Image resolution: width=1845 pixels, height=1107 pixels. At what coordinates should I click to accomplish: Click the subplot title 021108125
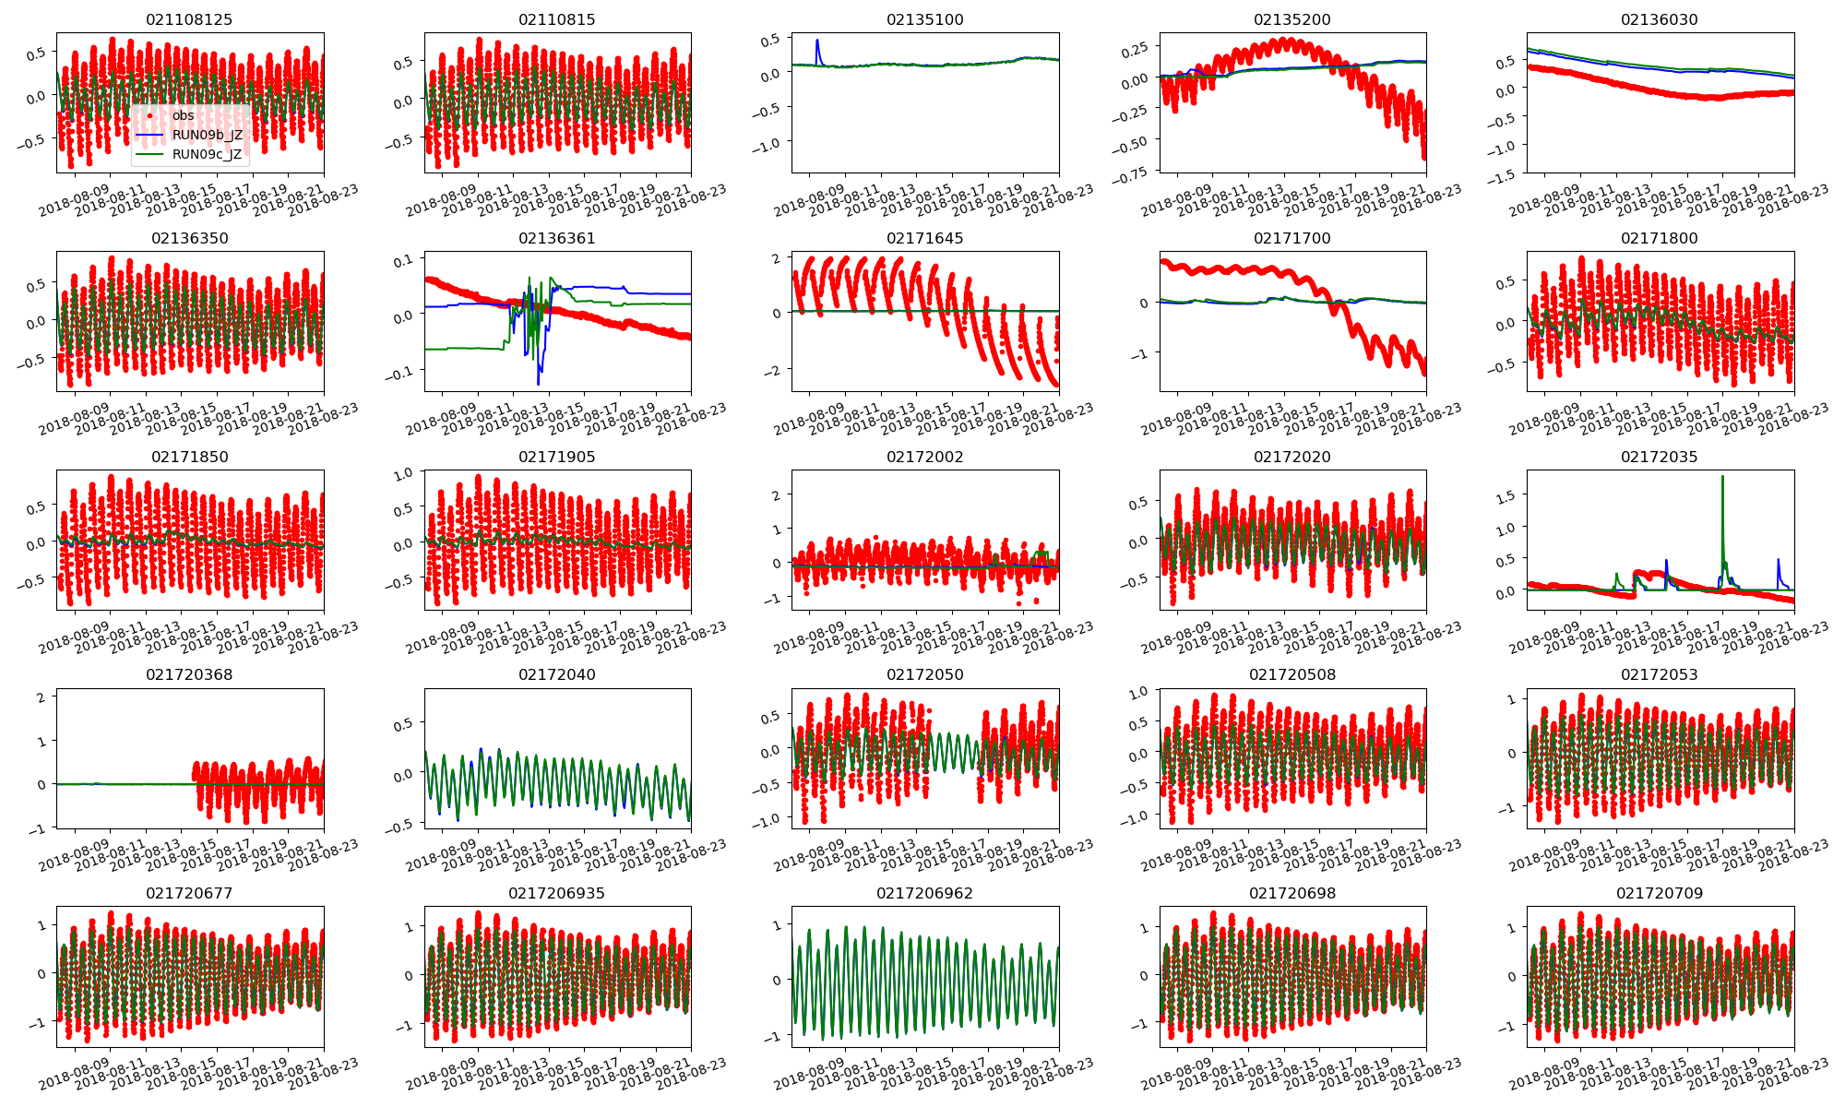(189, 19)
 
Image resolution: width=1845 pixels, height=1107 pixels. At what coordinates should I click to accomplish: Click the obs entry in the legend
(183, 115)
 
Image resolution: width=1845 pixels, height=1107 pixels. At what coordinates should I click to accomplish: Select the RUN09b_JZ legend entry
(207, 135)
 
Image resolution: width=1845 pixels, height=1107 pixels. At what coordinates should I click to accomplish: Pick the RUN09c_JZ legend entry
(207, 154)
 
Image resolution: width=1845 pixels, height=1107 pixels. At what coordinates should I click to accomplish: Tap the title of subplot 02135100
(924, 19)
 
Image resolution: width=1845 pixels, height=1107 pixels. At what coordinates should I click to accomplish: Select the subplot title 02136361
(556, 238)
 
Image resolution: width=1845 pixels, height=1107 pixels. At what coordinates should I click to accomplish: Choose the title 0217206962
(924, 893)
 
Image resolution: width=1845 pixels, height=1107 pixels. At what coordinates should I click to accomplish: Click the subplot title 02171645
(924, 238)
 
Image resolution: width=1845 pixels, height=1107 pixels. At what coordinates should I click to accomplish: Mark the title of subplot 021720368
(189, 674)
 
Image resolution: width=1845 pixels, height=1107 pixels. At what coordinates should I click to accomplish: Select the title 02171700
(1291, 238)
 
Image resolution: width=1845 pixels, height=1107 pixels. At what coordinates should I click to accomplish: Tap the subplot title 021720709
(1660, 893)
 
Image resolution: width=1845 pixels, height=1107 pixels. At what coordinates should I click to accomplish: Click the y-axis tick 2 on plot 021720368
(41, 696)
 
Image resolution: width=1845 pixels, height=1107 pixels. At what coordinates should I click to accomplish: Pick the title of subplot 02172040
(556, 674)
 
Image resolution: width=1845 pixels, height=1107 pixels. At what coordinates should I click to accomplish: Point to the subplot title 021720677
(189, 893)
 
